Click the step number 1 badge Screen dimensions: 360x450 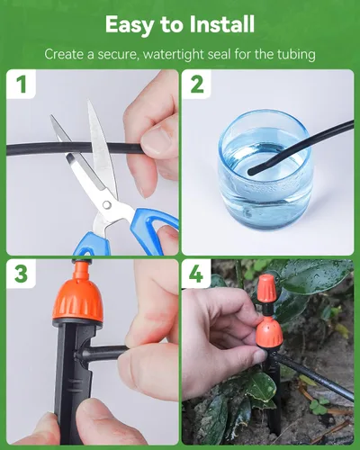click(x=21, y=85)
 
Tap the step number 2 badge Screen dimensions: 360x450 click(x=196, y=85)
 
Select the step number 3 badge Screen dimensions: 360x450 click(x=21, y=274)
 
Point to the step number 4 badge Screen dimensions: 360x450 click(x=196, y=274)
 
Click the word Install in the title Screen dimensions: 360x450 click(x=222, y=24)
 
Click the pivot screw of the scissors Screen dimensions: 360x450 click(x=106, y=205)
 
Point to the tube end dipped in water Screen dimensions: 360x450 click(x=252, y=172)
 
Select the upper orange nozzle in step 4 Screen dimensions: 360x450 click(x=267, y=289)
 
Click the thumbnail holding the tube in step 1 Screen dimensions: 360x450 click(x=157, y=139)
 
